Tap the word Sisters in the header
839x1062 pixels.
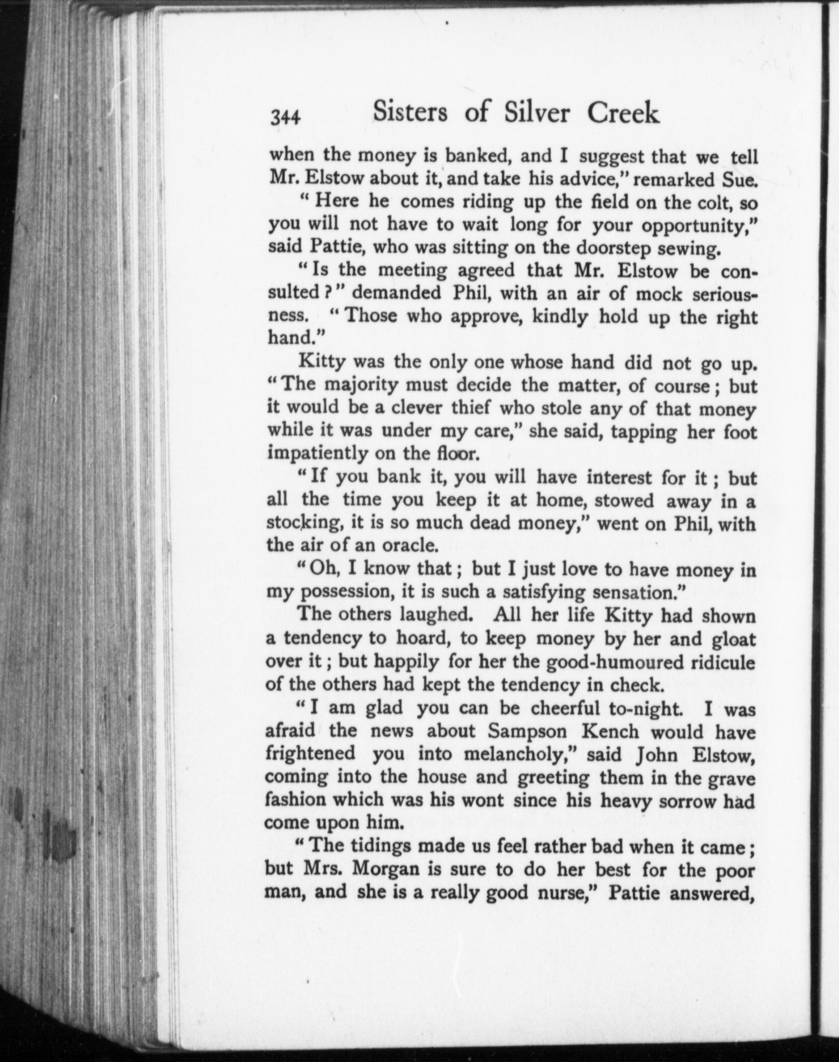(x=410, y=113)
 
